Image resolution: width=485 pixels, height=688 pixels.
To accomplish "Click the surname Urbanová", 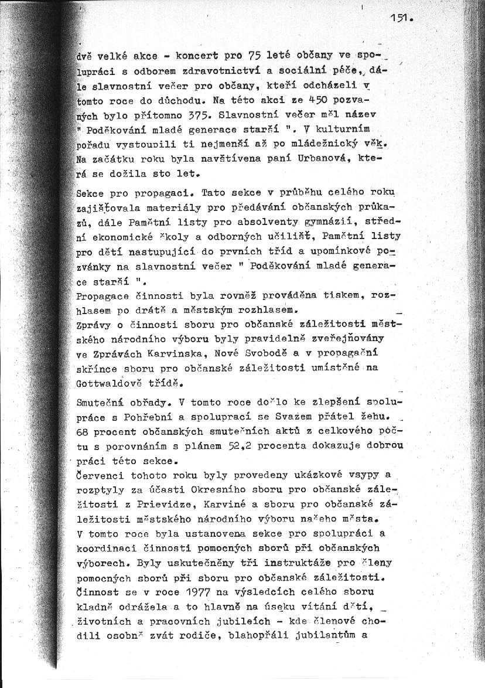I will (329, 158).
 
